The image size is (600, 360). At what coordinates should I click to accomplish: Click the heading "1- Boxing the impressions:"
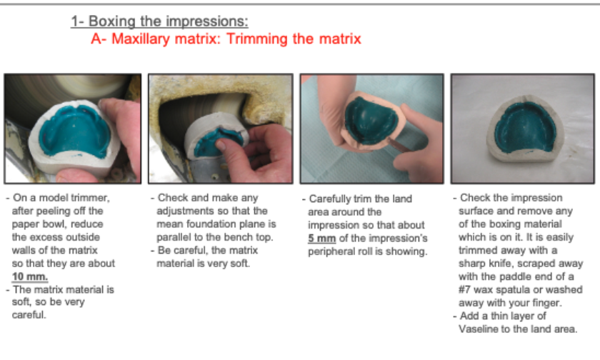[x=159, y=21]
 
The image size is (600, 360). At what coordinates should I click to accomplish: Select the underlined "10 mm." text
[x=30, y=276]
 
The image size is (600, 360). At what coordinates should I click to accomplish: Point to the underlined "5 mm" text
[x=322, y=239]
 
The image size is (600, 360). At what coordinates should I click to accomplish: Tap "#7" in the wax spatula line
[x=464, y=289]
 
